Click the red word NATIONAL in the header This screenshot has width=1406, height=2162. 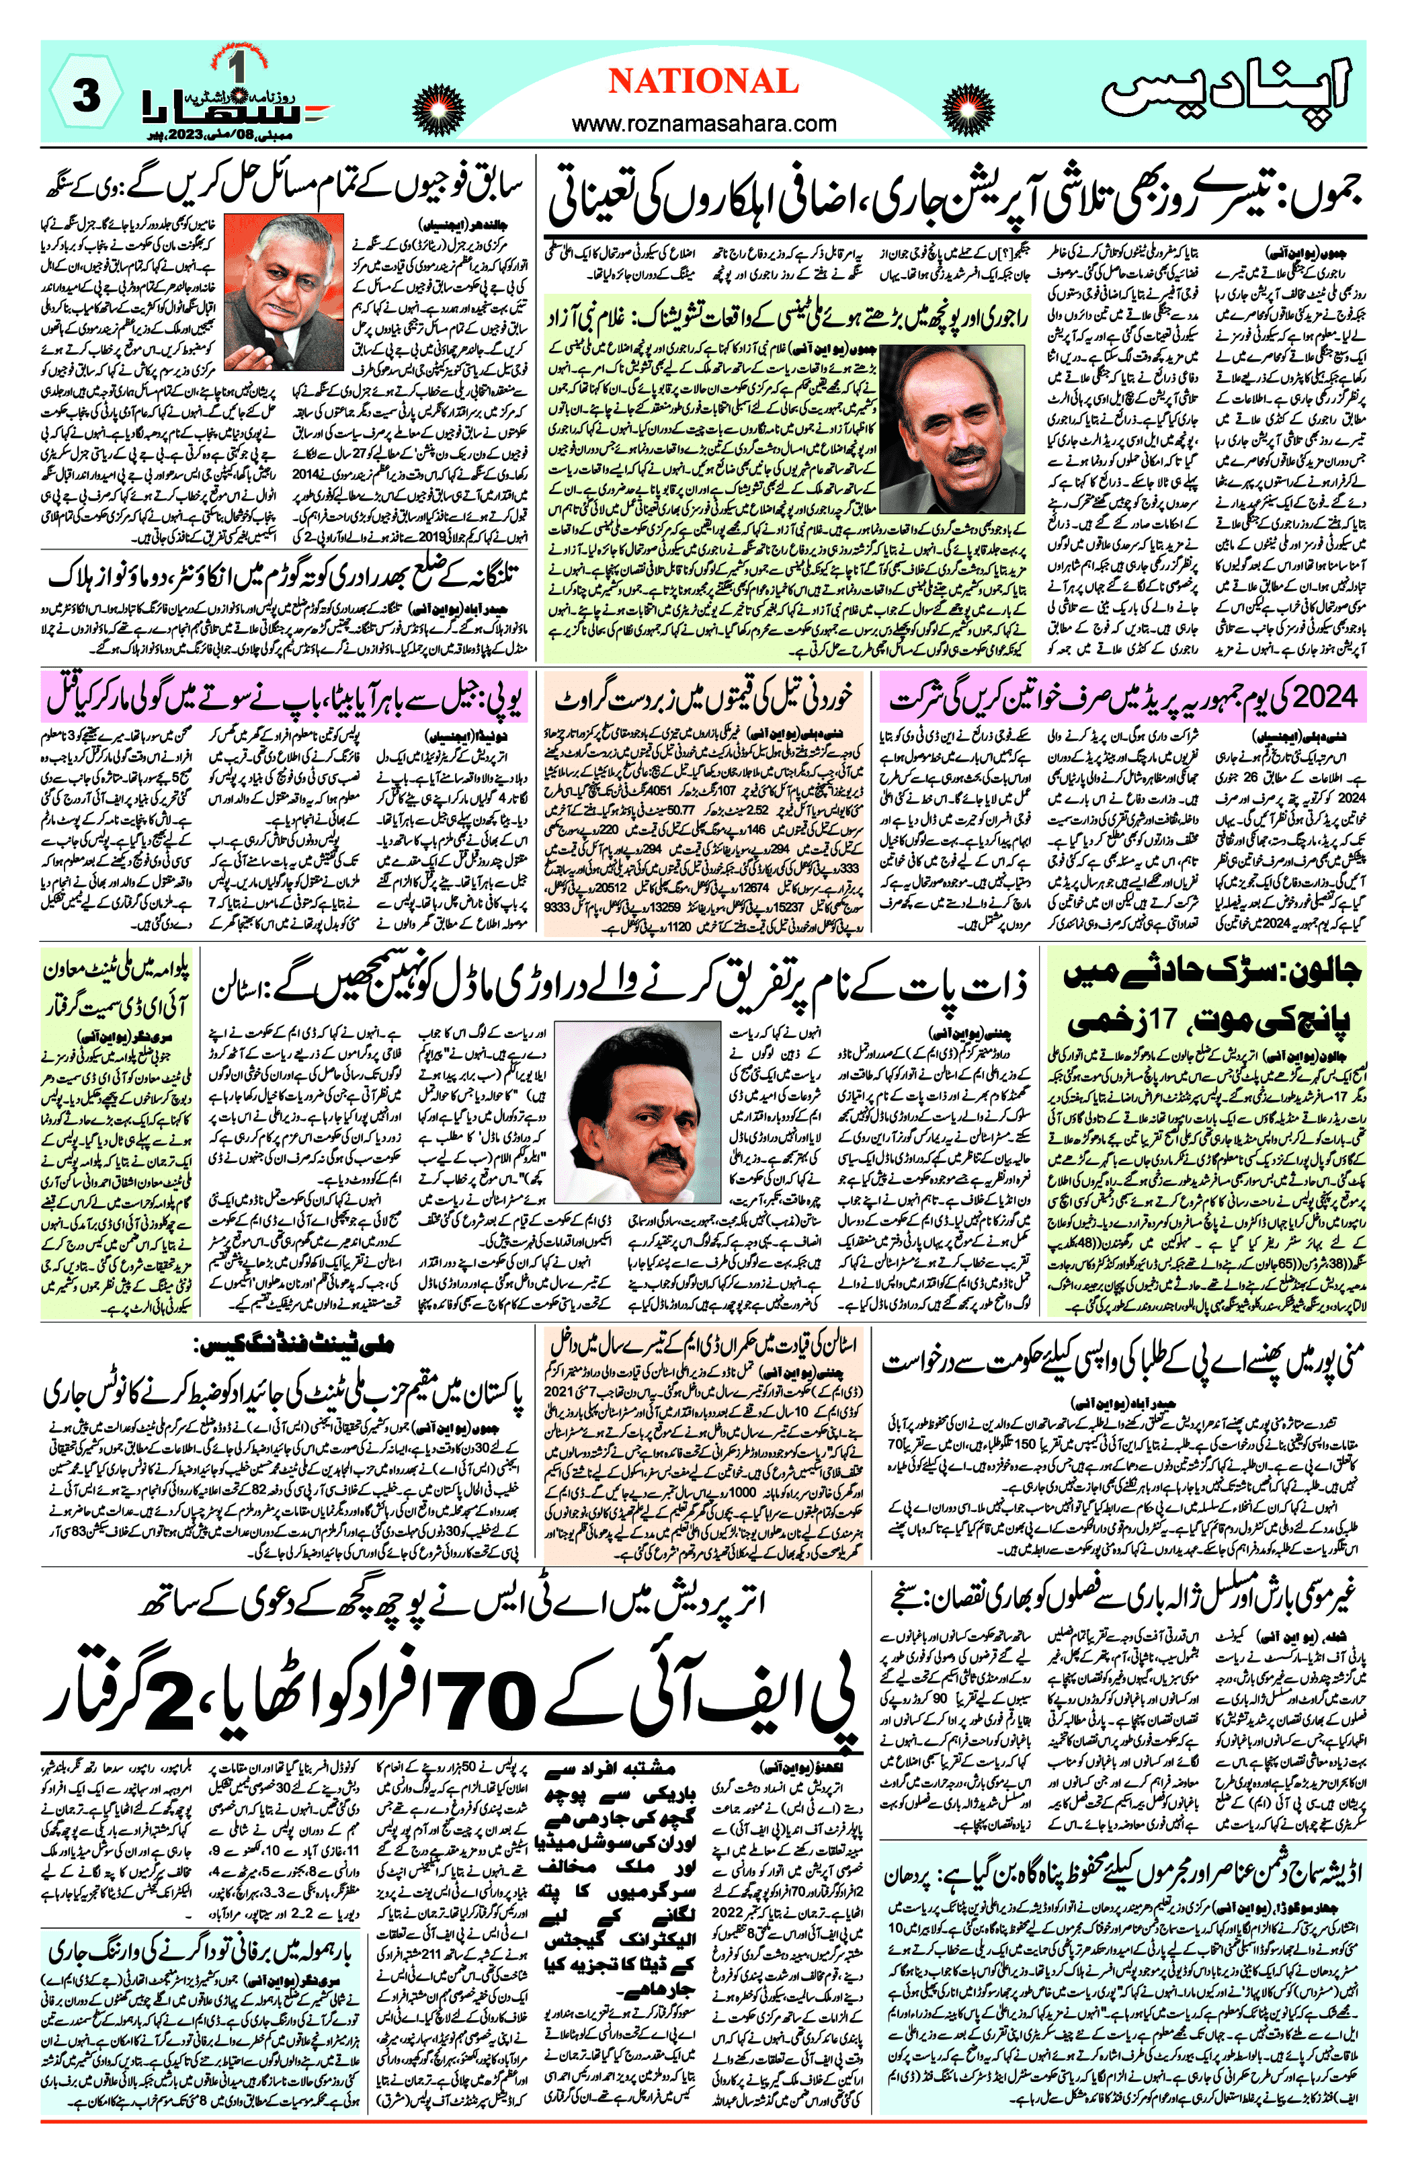tap(703, 82)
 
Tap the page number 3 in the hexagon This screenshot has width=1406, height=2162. tap(85, 95)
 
